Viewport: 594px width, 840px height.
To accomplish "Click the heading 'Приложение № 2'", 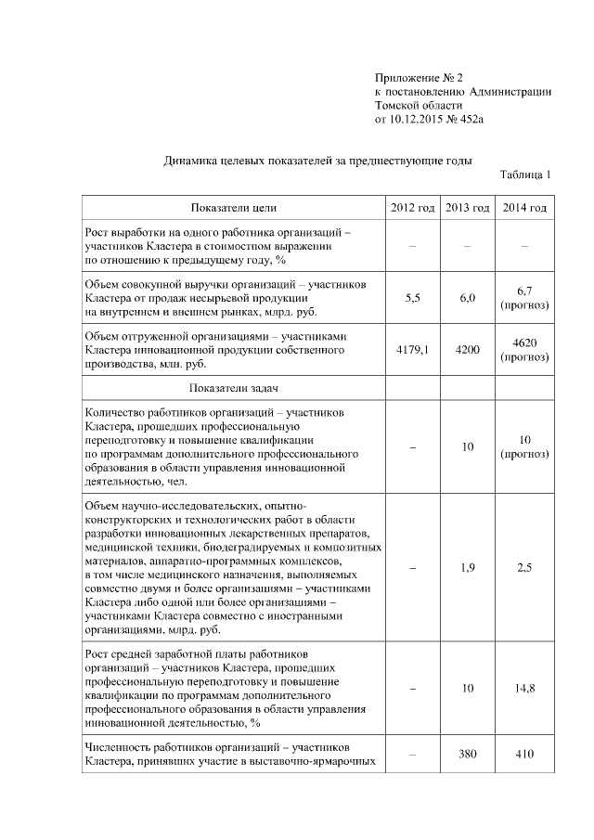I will click(x=418, y=77).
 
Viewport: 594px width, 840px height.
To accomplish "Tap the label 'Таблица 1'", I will click(x=525, y=174).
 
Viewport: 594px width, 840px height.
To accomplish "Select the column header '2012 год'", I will click(x=412, y=207).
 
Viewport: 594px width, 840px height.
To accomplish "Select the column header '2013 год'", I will click(x=467, y=207).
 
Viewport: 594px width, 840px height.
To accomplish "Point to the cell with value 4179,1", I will click(x=412, y=350).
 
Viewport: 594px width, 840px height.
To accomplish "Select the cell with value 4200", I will click(x=467, y=350).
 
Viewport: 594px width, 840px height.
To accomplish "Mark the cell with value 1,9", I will click(x=467, y=567).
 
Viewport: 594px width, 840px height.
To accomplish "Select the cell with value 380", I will click(x=467, y=754).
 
